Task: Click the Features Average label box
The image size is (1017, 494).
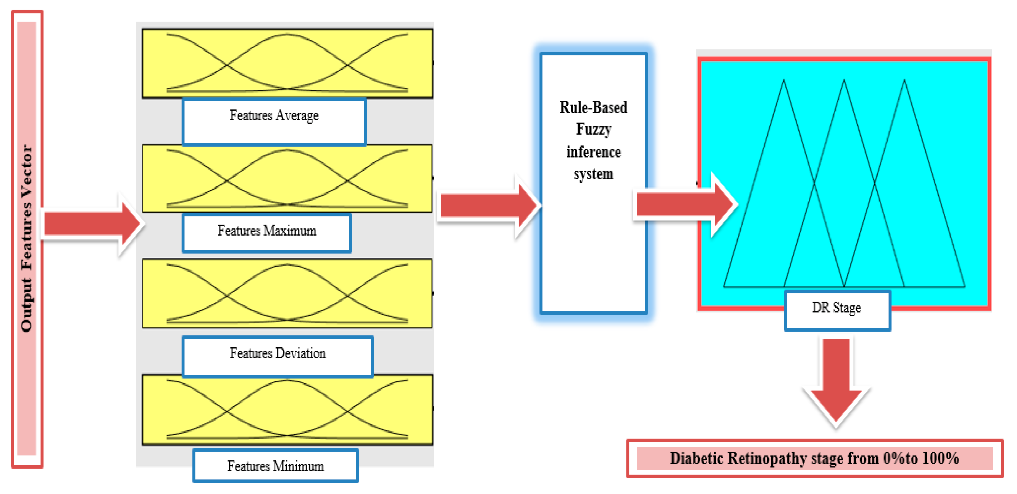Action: click(274, 122)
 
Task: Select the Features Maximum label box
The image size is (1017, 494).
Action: click(267, 233)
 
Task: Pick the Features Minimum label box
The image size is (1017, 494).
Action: click(276, 466)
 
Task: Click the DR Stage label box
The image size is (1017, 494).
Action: click(837, 310)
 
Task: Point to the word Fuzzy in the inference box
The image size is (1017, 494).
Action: click(593, 129)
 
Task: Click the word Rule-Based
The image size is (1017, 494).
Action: click(593, 107)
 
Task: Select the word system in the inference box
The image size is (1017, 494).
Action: click(593, 174)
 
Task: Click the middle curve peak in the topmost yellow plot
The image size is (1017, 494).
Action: click(287, 34)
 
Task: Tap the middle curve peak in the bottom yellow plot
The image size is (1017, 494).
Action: click(287, 380)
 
